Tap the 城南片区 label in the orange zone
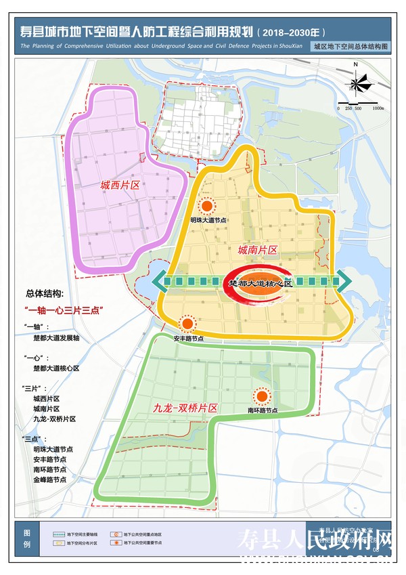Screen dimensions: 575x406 pyautogui.click(x=257, y=250)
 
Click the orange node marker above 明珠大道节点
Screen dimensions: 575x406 pyautogui.click(x=208, y=206)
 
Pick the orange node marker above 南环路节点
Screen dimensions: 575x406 pyautogui.click(x=261, y=397)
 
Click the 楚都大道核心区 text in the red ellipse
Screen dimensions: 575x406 pyautogui.click(x=260, y=283)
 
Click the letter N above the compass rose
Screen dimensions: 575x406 pyautogui.click(x=355, y=65)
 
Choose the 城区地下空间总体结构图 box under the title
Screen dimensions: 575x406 pyautogui.click(x=351, y=47)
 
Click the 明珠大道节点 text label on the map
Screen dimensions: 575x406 pyautogui.click(x=208, y=220)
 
